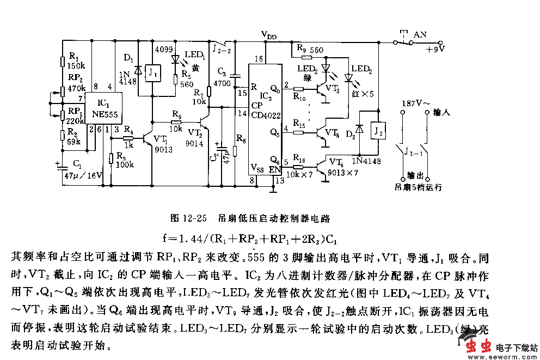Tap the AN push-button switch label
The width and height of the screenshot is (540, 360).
tap(420, 34)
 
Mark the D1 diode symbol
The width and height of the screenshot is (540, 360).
tap(137, 70)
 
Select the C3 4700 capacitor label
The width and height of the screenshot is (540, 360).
tap(223, 78)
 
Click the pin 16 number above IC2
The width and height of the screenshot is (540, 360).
tap(259, 59)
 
